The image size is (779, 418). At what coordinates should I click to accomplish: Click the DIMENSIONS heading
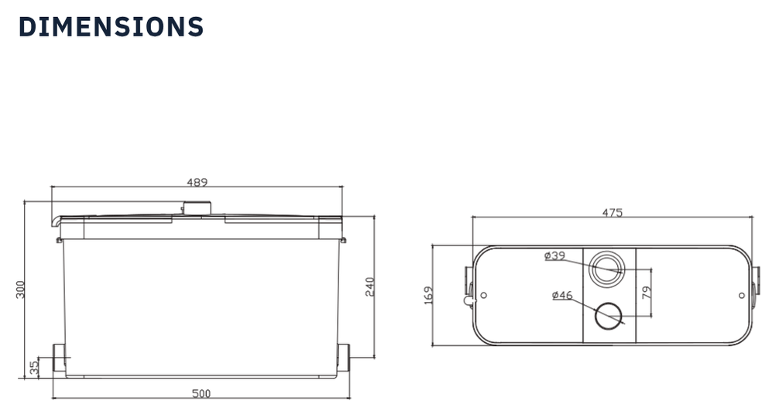tap(111, 26)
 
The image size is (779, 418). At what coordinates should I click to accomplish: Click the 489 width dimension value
tap(197, 183)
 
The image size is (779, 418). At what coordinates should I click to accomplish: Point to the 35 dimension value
tap(34, 368)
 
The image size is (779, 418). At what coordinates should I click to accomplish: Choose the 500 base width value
tap(201, 394)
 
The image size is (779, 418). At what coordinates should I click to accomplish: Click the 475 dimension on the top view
tap(612, 213)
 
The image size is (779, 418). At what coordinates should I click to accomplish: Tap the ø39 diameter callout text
tap(554, 255)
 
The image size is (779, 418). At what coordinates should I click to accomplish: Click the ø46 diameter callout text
tap(562, 295)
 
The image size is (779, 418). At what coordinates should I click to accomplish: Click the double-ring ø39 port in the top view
tap(606, 269)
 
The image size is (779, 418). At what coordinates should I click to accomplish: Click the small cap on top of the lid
tap(197, 207)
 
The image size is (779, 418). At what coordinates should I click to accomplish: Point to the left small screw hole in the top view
tap(484, 295)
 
